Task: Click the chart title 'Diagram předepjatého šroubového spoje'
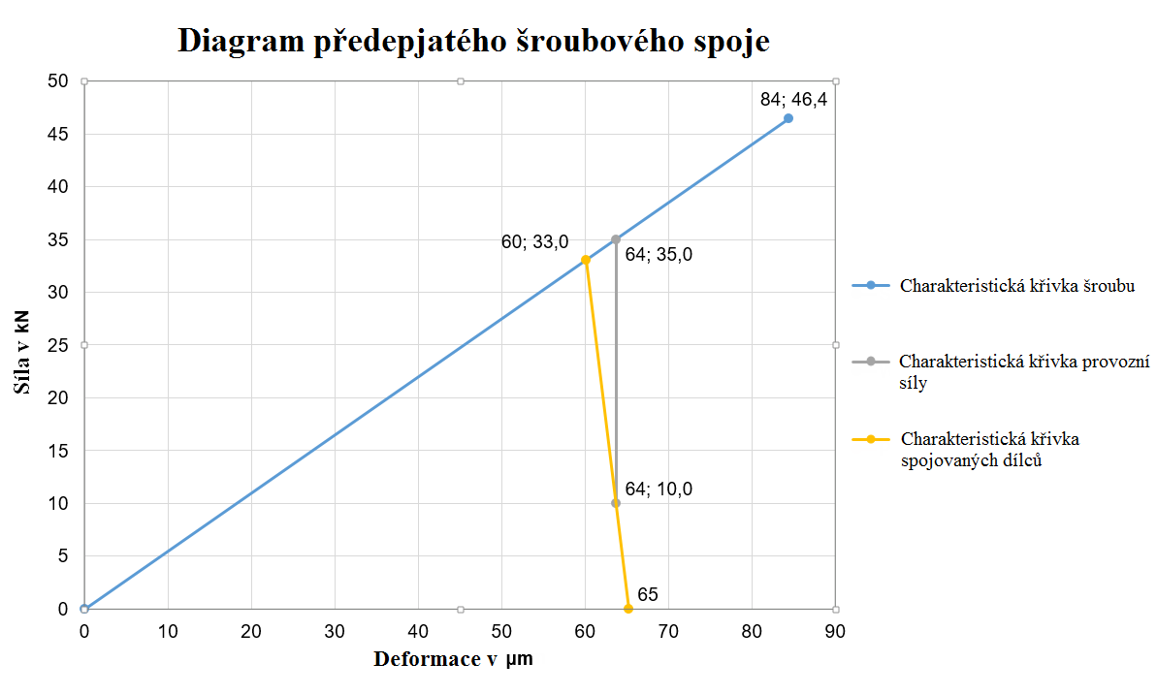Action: click(x=474, y=41)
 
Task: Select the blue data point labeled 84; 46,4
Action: click(x=787, y=118)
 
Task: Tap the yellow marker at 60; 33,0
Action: click(x=586, y=260)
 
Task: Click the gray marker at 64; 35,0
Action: click(x=616, y=239)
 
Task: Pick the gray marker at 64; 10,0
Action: click(x=616, y=503)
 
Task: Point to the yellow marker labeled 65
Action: click(x=628, y=609)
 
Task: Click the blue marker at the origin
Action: click(x=84, y=609)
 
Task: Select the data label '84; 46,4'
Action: click(x=792, y=98)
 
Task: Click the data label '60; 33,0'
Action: click(x=534, y=242)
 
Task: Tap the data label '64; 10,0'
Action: click(x=659, y=490)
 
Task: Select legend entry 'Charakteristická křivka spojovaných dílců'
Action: click(x=989, y=450)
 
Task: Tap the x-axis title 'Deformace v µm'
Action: click(x=453, y=660)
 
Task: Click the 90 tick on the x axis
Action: click(x=835, y=631)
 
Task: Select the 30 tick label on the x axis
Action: click(x=335, y=631)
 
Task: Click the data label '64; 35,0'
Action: click(x=659, y=255)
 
